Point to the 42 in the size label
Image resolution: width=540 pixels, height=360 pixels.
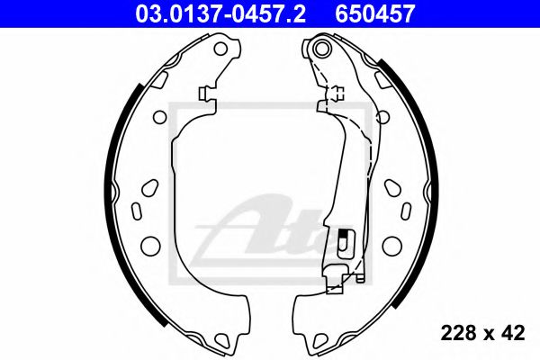pos(512,333)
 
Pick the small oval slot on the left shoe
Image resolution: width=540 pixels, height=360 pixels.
pos(138,211)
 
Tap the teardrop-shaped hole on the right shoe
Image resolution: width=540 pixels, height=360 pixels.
pos(393,185)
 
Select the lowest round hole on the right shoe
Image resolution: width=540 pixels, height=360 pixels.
pos(391,245)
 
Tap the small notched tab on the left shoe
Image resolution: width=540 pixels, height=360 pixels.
pos(206,93)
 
